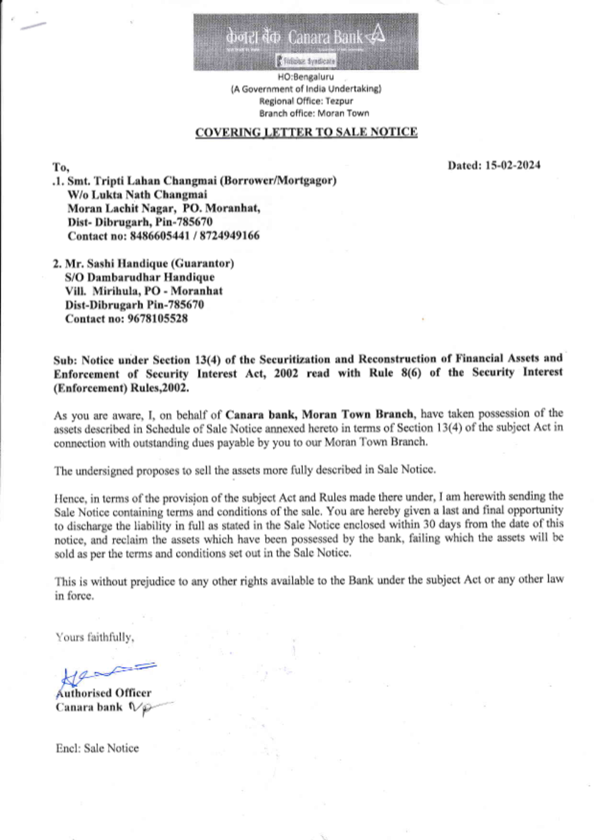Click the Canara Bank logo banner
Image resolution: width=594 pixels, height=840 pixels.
tap(305, 42)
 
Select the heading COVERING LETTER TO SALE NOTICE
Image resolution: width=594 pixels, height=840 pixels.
tap(306, 132)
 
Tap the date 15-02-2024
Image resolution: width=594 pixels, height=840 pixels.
tap(513, 165)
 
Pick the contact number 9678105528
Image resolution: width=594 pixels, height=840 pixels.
tap(157, 319)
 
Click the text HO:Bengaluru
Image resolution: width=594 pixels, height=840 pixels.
tap(306, 77)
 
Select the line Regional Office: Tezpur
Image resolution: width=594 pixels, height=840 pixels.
tap(306, 101)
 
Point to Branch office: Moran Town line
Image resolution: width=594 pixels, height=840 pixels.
tap(314, 113)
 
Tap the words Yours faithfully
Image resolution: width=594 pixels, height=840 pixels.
tap(95, 637)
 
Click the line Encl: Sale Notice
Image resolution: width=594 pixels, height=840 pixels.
tap(97, 748)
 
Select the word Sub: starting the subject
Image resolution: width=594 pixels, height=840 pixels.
tap(65, 360)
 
